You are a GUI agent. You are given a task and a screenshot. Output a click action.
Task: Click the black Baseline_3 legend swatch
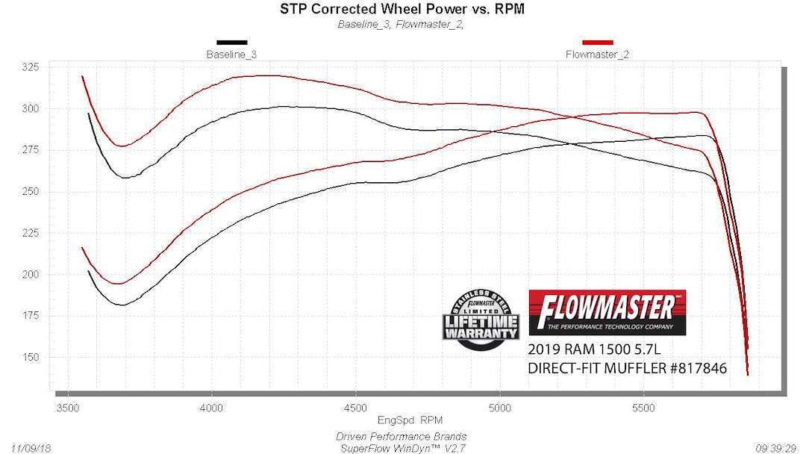click(231, 43)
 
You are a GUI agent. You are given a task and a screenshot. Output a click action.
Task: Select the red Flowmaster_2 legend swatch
click(598, 43)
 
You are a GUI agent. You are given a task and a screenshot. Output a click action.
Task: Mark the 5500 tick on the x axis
click(643, 408)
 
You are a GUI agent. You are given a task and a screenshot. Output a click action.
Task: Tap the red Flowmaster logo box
click(607, 312)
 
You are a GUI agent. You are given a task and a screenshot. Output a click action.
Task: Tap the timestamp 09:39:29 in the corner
click(776, 447)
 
